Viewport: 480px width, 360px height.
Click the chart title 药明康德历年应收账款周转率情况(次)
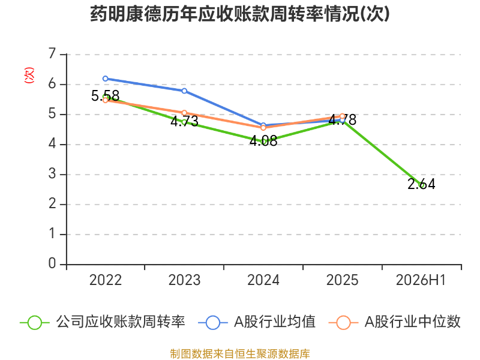(x=240, y=14)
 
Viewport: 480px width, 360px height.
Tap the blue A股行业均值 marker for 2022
(x=106, y=79)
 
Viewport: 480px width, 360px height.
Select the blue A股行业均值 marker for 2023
(x=184, y=91)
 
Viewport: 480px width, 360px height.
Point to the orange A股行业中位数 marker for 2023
(x=184, y=113)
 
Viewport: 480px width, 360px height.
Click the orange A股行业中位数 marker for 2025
(x=342, y=116)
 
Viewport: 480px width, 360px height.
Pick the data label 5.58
(x=106, y=96)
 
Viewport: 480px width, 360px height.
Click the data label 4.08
(x=263, y=141)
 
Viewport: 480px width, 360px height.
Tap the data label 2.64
(x=421, y=184)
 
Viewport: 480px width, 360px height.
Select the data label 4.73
(x=184, y=121)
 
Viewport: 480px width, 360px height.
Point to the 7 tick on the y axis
(x=52, y=54)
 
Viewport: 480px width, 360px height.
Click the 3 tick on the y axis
(x=52, y=174)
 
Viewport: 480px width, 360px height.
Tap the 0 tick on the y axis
(x=52, y=263)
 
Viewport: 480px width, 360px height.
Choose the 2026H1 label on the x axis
(x=421, y=280)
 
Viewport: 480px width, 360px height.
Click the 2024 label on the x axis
(x=263, y=280)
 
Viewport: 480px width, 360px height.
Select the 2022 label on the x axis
(x=106, y=280)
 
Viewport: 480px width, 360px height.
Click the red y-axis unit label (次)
(x=29, y=75)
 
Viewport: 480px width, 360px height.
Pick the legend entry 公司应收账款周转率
(x=103, y=322)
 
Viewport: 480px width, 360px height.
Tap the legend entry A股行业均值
(x=257, y=322)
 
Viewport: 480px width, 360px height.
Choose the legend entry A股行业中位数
(x=395, y=322)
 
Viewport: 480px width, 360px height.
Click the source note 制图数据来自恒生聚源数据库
(x=240, y=354)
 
